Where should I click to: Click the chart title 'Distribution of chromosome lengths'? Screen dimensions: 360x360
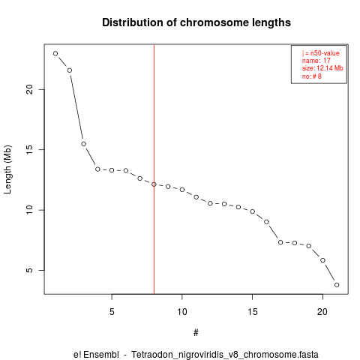click(x=196, y=22)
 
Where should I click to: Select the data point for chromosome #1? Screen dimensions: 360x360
click(x=55, y=53)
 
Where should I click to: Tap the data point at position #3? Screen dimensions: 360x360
click(x=83, y=144)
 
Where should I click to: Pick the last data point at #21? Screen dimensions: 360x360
click(x=337, y=285)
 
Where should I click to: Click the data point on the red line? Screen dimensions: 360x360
click(x=154, y=184)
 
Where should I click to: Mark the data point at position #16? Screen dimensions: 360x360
click(x=266, y=222)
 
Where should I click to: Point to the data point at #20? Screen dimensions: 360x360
click(x=322, y=260)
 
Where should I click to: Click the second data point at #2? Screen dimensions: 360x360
click(x=70, y=70)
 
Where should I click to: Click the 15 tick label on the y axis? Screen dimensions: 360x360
click(x=29, y=149)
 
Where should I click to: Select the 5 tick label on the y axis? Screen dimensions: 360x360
click(x=29, y=270)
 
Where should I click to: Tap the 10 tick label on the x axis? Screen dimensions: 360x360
click(x=182, y=312)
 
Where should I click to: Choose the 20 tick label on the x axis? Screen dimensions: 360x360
click(x=322, y=312)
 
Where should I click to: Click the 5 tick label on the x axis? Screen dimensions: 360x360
click(x=112, y=312)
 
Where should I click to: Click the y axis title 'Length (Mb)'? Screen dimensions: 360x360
click(x=7, y=169)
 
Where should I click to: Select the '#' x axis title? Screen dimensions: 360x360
click(x=196, y=333)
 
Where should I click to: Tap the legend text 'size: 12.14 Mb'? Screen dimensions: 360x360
click(x=322, y=68)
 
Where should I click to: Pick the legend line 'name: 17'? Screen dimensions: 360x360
click(x=316, y=61)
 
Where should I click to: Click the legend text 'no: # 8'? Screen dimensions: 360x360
click(x=312, y=76)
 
